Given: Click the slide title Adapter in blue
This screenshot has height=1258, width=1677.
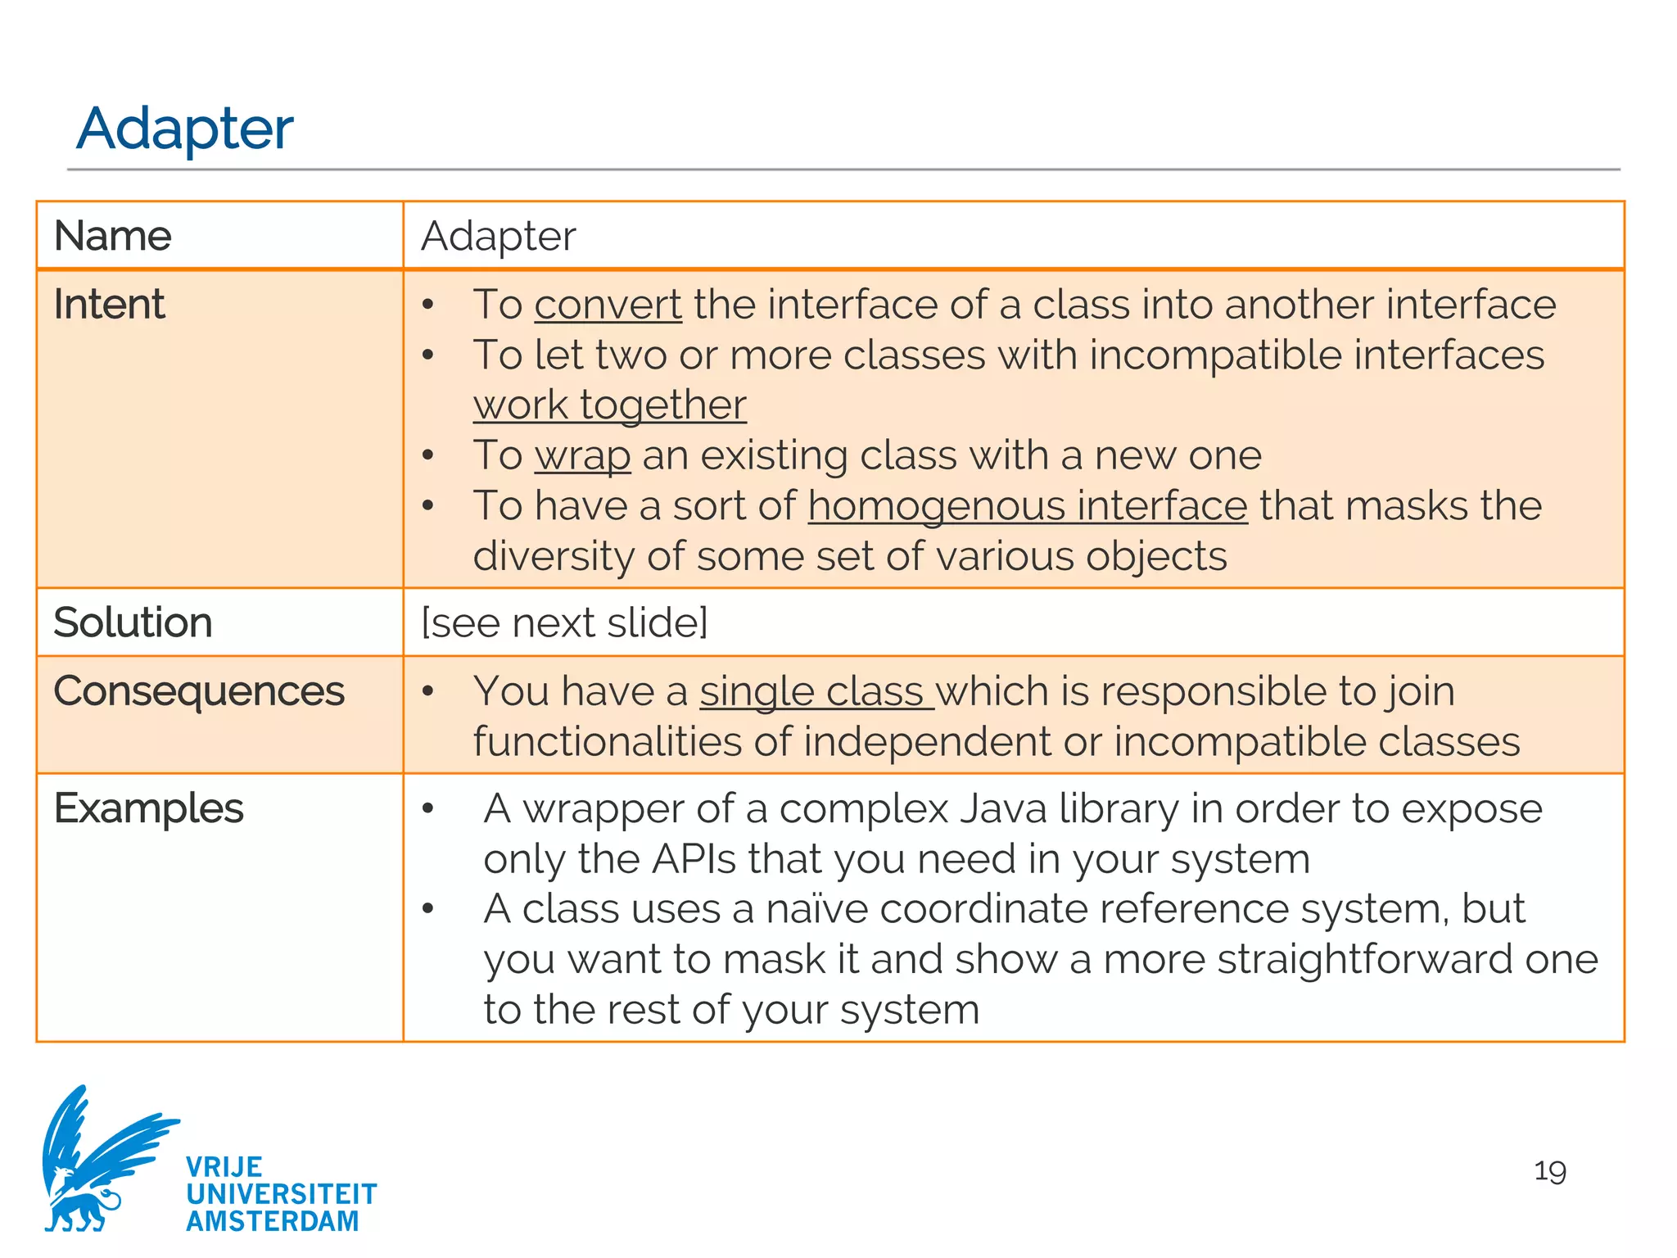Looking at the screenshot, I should click(185, 129).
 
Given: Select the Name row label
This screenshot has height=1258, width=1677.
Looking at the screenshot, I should click(112, 236).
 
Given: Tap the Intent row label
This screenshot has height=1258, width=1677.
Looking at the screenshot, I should click(109, 305).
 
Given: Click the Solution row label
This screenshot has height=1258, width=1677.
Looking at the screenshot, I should click(133, 622).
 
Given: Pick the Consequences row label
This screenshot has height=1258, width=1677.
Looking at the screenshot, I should click(199, 691).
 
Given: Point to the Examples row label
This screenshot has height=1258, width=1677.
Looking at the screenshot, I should click(148, 808).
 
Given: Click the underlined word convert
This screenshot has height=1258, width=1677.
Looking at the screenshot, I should click(608, 305).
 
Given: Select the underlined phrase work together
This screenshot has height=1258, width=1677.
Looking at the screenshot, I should click(609, 405).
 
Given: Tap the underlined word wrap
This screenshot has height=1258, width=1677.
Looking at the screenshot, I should click(582, 455).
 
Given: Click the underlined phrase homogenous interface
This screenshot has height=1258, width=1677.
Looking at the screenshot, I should click(1028, 505).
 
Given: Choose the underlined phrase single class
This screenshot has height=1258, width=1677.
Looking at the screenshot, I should click(816, 691).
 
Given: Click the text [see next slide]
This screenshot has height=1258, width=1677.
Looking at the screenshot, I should click(564, 622).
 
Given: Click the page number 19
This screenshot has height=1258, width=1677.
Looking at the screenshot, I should click(1549, 1171).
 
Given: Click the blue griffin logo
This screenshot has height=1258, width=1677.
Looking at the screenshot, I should click(98, 1159).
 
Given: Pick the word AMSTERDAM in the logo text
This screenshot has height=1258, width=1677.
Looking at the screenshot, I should click(273, 1221).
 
